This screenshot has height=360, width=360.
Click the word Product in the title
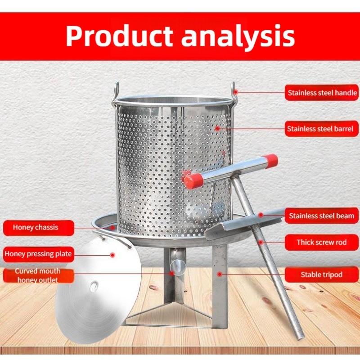(x=119, y=36)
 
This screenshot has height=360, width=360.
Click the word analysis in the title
(x=238, y=37)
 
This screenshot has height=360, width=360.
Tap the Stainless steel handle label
(x=321, y=93)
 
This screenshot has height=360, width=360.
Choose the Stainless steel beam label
(x=321, y=216)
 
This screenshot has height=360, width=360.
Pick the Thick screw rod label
(x=321, y=242)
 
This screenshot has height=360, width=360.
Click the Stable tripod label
(x=321, y=274)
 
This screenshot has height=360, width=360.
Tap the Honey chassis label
(x=39, y=228)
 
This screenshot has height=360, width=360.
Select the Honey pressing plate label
(x=39, y=254)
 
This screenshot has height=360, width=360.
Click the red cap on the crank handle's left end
(x=193, y=181)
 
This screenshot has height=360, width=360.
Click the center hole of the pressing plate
(x=94, y=286)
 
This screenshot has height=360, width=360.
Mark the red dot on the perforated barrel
(x=217, y=128)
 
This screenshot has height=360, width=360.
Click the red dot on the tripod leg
(x=220, y=274)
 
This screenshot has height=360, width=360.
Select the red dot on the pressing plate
(x=112, y=255)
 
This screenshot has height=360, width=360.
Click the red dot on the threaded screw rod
(x=261, y=242)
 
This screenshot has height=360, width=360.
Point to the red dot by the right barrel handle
(x=236, y=92)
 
